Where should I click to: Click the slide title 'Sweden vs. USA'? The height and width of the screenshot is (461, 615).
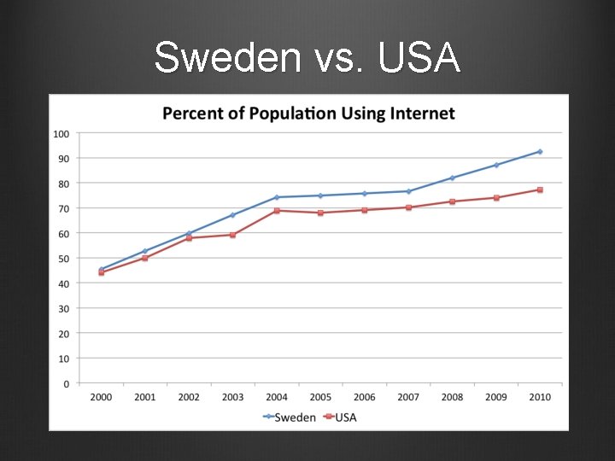307,58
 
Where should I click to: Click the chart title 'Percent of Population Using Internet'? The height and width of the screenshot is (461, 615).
308,114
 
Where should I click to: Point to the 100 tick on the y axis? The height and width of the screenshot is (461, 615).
61,133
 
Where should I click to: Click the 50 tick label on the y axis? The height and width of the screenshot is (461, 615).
63,258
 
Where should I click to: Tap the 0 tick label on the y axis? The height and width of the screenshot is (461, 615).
66,383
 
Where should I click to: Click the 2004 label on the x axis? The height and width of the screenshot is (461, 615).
277,397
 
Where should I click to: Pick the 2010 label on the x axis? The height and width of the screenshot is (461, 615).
540,397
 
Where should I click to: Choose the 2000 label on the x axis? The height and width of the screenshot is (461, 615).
102,397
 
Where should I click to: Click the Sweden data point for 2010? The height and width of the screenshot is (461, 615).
540,152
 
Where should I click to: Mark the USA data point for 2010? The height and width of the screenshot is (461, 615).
540,190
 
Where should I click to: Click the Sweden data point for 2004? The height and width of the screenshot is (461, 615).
277,197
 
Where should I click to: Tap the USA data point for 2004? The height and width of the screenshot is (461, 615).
277,211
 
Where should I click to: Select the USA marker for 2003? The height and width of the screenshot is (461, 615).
233,235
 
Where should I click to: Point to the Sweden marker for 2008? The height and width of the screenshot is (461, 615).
452,178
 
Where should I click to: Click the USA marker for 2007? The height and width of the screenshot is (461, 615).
408,207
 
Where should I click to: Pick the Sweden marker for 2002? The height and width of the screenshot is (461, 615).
189,233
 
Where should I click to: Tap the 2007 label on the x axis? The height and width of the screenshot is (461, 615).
408,397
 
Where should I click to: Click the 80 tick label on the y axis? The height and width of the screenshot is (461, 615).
63,183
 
